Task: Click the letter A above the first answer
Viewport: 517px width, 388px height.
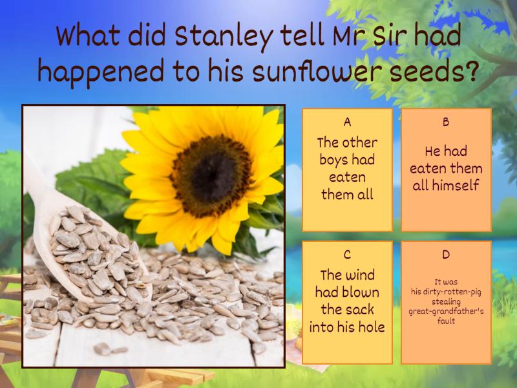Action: [x=347, y=122]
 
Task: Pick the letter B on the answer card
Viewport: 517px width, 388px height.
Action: [x=446, y=122]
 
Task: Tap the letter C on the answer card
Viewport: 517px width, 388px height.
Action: [x=347, y=254]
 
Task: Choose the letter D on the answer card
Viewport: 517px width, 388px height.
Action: [x=446, y=254]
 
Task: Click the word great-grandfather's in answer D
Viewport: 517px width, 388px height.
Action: [x=446, y=312]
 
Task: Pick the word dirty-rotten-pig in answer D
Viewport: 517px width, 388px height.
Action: [x=454, y=291]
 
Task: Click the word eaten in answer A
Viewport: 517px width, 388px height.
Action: [x=347, y=177]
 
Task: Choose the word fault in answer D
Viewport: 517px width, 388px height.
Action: [x=446, y=321]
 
